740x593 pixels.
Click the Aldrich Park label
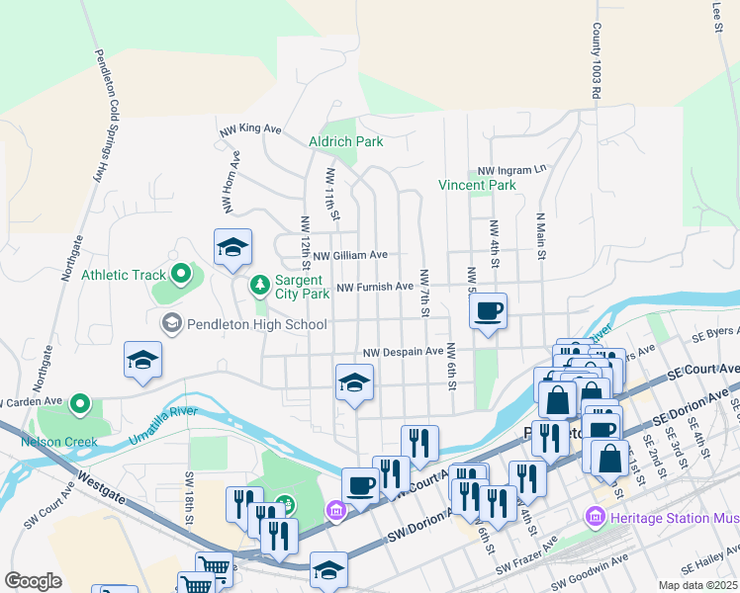(x=345, y=141)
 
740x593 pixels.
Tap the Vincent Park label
(x=478, y=185)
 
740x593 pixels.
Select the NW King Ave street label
(x=251, y=128)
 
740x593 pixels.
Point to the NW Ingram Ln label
(x=511, y=170)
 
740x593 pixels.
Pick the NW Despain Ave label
(x=403, y=352)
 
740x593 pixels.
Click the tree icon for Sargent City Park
(x=260, y=286)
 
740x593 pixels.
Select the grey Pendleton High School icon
(x=171, y=323)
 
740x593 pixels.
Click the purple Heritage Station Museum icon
(x=595, y=516)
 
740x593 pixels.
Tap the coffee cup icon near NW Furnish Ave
(x=488, y=312)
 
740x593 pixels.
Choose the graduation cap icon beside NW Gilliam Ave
(x=232, y=248)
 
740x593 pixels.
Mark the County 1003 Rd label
(x=597, y=61)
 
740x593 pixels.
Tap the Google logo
(x=33, y=581)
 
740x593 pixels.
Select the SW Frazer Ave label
(x=527, y=554)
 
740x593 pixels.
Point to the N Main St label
(x=540, y=235)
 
